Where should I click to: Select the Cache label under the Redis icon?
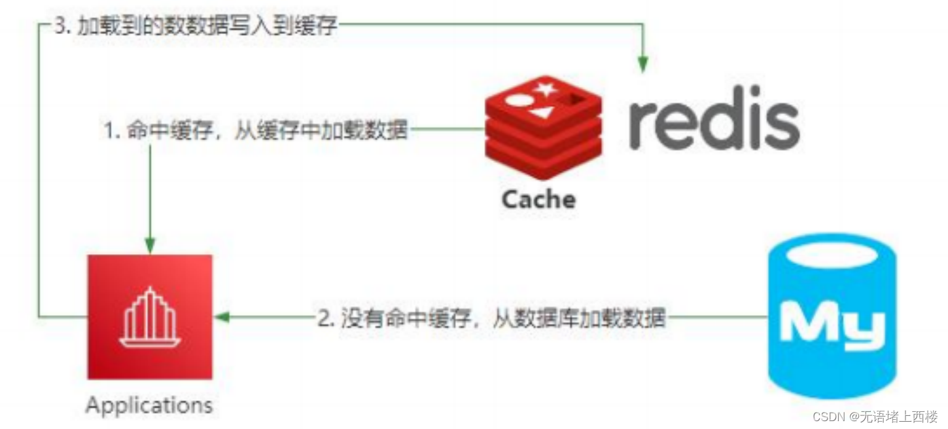point(538,199)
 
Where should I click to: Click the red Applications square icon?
point(150,316)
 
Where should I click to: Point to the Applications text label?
point(149,405)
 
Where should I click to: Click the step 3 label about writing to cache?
point(196,28)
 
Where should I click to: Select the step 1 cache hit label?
point(256,130)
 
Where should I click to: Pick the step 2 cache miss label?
point(491,319)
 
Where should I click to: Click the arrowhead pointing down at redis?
point(643,64)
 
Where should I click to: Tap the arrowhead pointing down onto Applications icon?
point(150,247)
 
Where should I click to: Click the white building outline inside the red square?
point(150,317)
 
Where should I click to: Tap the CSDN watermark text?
point(875,417)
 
